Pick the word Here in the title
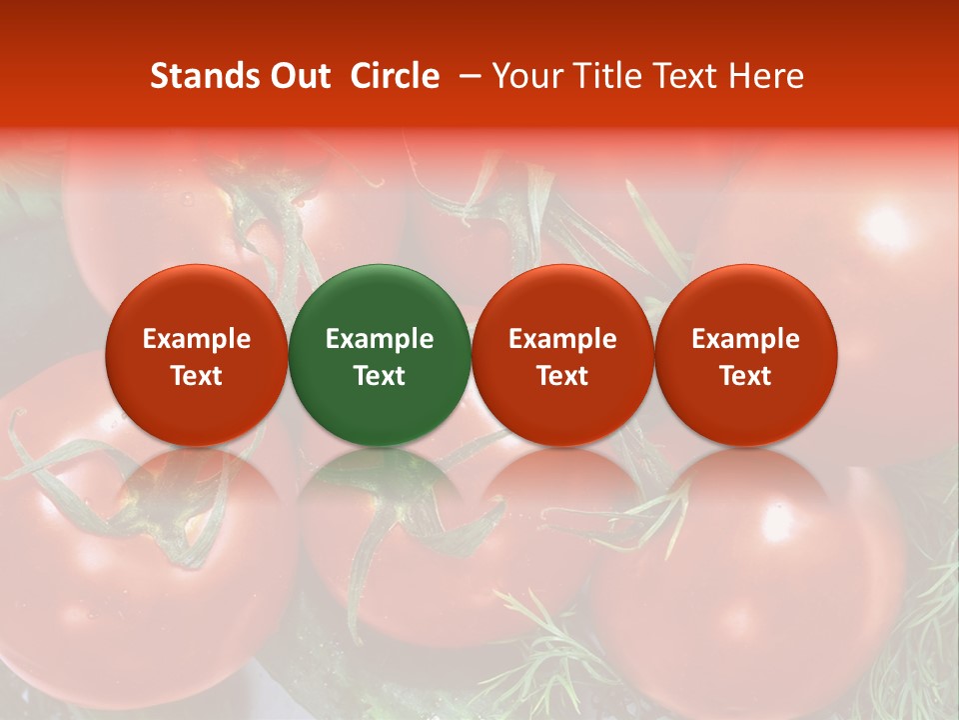[766, 76]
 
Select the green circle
[380, 354]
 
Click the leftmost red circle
[196, 354]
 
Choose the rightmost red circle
[745, 354]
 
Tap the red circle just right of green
[562, 354]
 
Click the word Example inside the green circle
[380, 339]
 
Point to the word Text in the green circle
[380, 376]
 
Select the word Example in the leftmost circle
[196, 339]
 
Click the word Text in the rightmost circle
[745, 376]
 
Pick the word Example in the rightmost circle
[745, 339]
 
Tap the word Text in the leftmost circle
[196, 376]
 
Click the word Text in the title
[691, 76]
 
